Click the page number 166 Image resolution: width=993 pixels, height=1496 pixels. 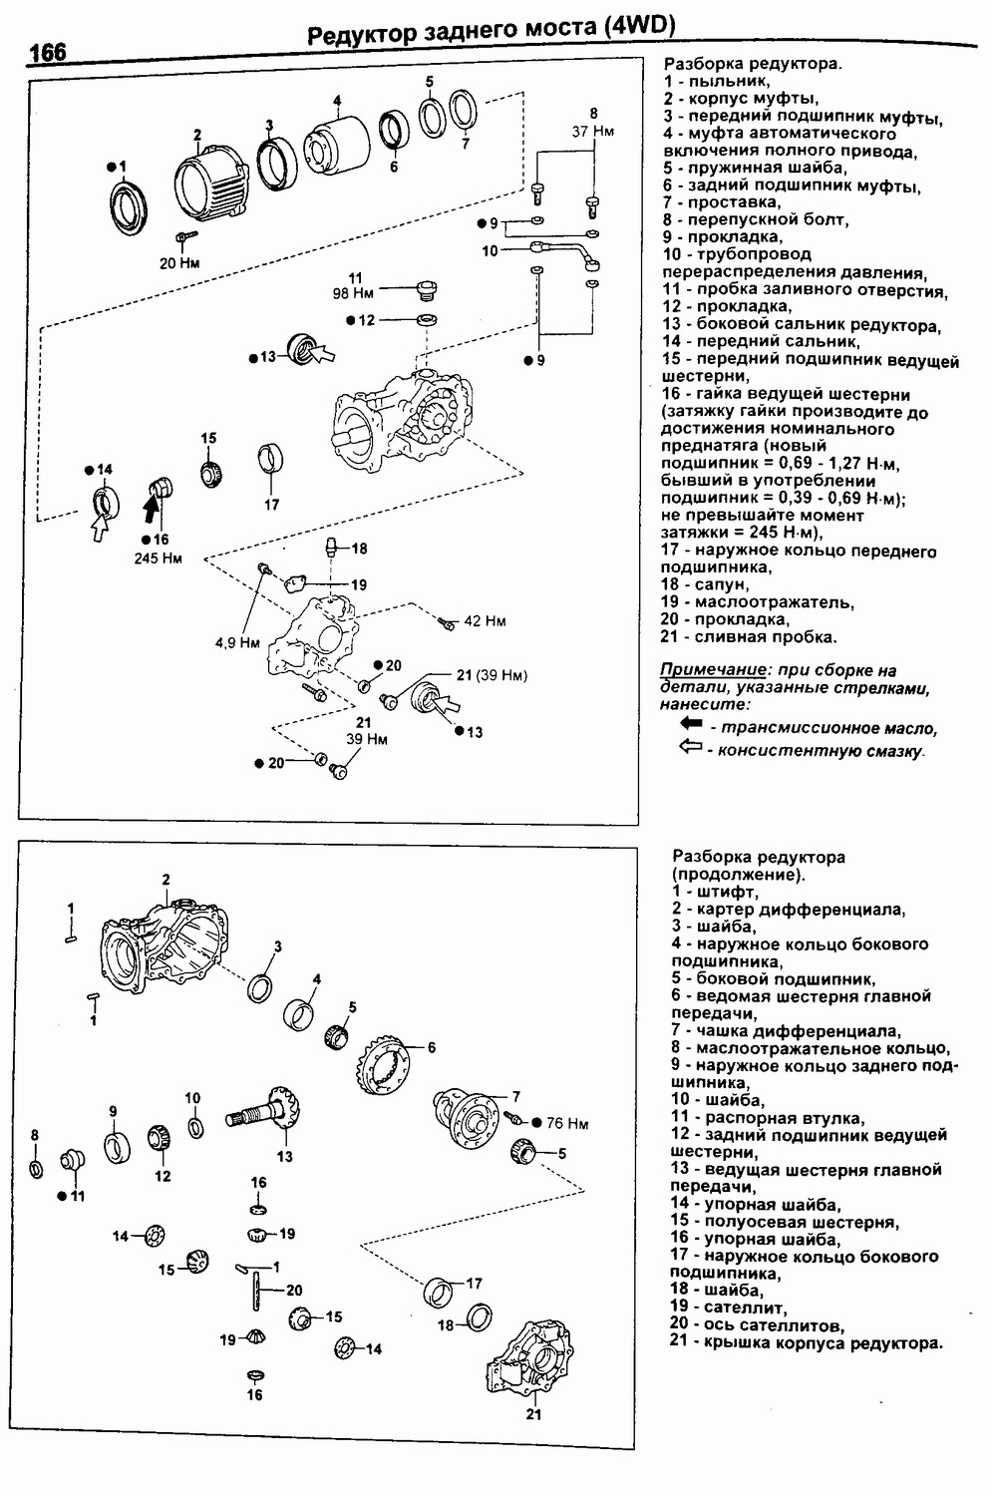[47, 51]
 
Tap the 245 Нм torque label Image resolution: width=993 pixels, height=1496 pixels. [159, 559]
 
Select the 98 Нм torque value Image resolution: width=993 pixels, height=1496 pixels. [353, 293]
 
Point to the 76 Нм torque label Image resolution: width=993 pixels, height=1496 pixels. [567, 1123]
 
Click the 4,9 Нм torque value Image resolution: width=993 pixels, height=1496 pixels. [237, 643]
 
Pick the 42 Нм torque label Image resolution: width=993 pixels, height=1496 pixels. [485, 621]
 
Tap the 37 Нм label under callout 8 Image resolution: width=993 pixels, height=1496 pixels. [592, 131]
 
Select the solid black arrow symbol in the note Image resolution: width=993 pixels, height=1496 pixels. [691, 724]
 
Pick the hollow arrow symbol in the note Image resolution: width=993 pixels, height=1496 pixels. [691, 748]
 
